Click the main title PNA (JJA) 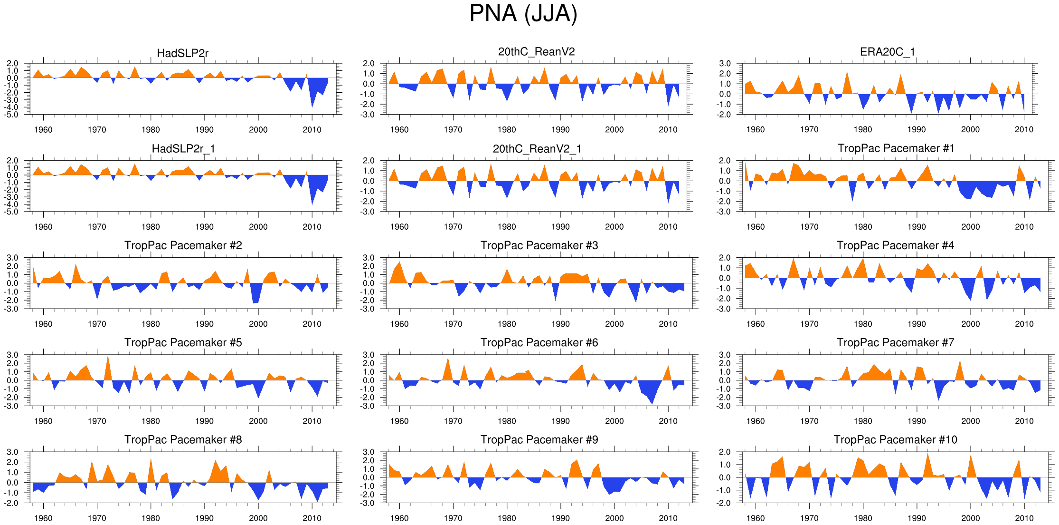[x=523, y=13]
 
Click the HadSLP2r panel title [x=182, y=53]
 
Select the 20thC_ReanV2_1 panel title [x=537, y=149]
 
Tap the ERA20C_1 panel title [x=887, y=52]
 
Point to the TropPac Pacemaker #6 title [x=539, y=342]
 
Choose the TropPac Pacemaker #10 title [x=895, y=439]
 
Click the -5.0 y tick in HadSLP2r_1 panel [x=12, y=212]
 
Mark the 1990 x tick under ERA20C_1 [x=917, y=129]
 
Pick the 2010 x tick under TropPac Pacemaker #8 [x=312, y=518]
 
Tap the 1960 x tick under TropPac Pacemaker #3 [x=399, y=324]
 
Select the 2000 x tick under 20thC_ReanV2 [x=614, y=129]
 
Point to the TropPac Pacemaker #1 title [x=896, y=148]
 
